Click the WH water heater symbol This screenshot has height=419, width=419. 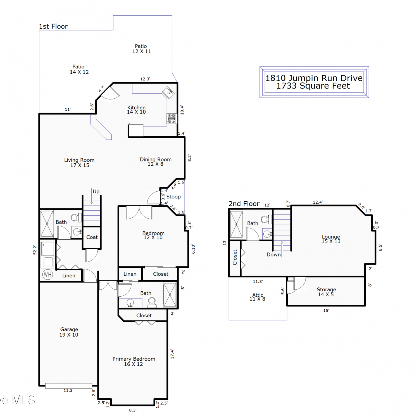(x=48, y=275)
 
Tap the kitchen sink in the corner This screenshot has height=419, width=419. (x=169, y=92)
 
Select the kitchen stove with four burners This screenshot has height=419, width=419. (x=172, y=118)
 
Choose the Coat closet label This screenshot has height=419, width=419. (x=92, y=237)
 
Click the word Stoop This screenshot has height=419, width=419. (x=173, y=197)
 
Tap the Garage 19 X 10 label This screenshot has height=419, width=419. (x=69, y=332)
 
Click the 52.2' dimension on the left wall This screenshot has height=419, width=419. (x=35, y=250)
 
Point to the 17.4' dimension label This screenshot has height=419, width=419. (x=172, y=354)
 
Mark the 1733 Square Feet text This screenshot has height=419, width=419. (x=313, y=86)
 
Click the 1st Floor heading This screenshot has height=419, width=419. (x=53, y=26)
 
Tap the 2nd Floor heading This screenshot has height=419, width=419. (x=244, y=204)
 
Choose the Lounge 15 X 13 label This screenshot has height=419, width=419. (x=331, y=239)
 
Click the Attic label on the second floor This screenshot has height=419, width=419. (x=258, y=295)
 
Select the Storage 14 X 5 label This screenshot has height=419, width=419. (x=326, y=292)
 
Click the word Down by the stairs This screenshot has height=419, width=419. (x=273, y=254)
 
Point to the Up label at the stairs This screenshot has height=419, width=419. (x=96, y=192)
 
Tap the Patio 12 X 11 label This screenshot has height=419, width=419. (x=141, y=49)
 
